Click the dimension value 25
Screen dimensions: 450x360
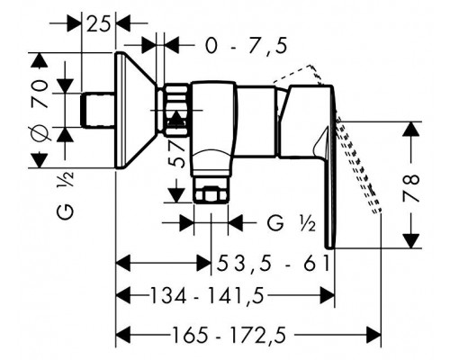[x=98, y=23]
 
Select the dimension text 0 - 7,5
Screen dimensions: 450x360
[x=246, y=46]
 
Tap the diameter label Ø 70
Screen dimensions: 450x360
[x=40, y=110]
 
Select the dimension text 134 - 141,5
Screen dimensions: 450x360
[x=207, y=295]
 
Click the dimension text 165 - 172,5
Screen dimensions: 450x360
[x=229, y=335]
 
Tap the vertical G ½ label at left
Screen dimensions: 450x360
[x=66, y=195]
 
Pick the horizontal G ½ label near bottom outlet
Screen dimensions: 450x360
[x=292, y=223]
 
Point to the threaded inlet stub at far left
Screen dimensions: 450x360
[x=98, y=110]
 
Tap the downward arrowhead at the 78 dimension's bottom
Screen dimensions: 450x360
[x=411, y=241]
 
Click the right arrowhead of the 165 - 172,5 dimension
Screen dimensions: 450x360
[x=373, y=335]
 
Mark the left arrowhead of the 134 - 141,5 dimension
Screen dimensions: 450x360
[x=123, y=295]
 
